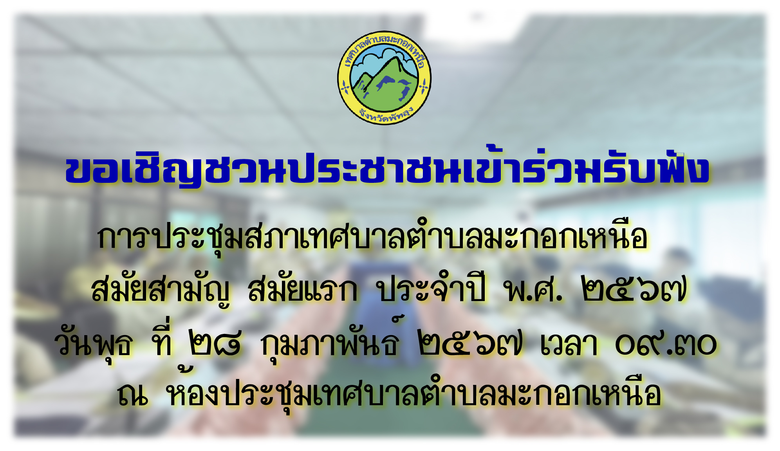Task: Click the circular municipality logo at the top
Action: [384, 78]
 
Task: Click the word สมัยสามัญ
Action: [161, 290]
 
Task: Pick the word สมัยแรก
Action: [303, 290]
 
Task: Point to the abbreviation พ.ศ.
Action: [534, 290]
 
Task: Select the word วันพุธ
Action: [94, 343]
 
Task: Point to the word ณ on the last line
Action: [133, 394]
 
